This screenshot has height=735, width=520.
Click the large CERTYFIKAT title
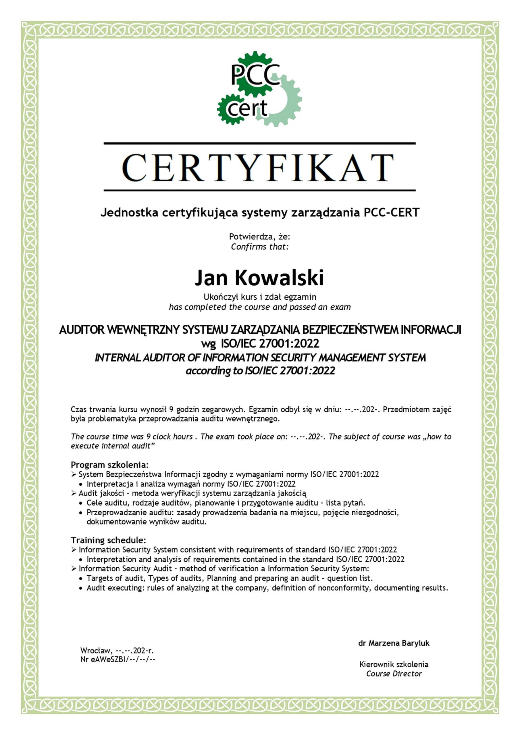tap(258, 168)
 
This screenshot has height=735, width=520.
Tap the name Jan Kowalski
tap(259, 277)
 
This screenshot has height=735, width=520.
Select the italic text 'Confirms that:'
tap(259, 247)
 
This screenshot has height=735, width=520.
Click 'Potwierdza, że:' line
tap(259, 237)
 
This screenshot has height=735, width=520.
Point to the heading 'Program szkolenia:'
tap(109, 465)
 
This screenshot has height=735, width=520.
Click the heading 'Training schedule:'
tap(108, 540)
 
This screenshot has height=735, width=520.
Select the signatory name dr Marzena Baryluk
tap(394, 643)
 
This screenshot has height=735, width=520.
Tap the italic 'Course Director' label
tap(394, 674)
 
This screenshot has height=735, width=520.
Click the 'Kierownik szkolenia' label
tap(394, 664)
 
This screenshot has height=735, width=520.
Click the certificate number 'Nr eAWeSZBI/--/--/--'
tap(118, 659)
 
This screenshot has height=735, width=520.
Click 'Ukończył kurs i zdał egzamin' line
tap(260, 297)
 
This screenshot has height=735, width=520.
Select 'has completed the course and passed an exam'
tap(260, 307)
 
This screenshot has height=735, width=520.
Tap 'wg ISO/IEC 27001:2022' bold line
tap(260, 343)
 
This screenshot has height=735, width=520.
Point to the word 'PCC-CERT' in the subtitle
tap(391, 212)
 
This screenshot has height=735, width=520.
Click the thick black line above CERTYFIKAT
tap(259, 144)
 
